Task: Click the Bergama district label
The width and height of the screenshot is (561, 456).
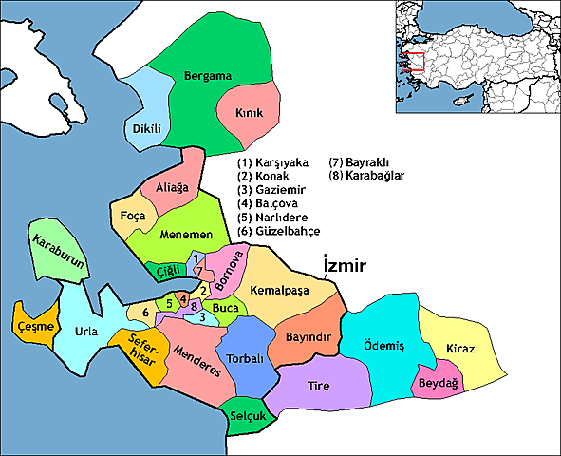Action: (207, 74)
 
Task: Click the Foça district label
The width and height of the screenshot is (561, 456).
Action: (131, 217)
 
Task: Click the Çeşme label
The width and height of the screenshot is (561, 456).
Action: (34, 327)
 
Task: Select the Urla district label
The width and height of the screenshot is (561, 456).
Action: (86, 332)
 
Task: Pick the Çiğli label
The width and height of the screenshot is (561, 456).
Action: (167, 271)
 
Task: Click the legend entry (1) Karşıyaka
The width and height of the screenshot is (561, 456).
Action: (275, 162)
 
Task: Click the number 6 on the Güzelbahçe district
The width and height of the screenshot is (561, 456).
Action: (145, 312)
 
